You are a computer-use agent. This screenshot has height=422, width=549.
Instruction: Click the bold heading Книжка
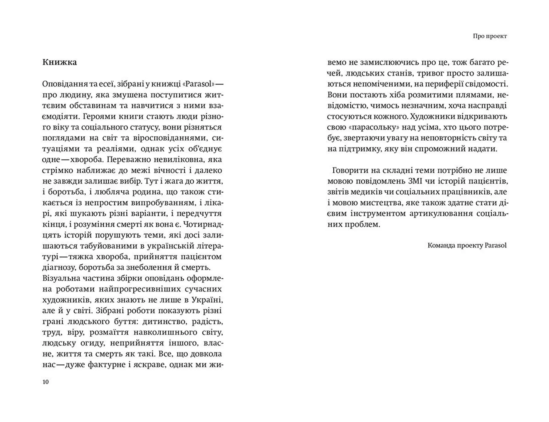(x=59, y=62)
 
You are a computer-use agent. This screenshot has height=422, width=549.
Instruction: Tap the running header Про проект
(x=490, y=36)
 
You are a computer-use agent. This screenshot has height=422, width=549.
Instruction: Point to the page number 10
(x=45, y=382)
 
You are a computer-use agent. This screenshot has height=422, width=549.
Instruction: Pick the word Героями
(x=96, y=117)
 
